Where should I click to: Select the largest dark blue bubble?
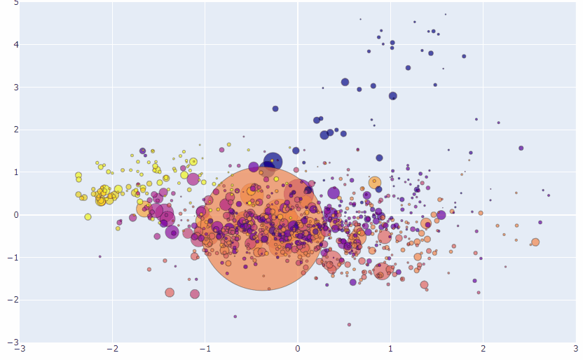(273, 161)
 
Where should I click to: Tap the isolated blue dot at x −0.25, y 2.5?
(275, 109)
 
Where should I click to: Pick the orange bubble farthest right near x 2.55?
(535, 242)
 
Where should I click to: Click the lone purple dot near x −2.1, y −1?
(100, 256)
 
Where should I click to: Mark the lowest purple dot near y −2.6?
(349, 324)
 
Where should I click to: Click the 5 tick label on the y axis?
(15, 3)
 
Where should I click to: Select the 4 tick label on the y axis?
(15, 45)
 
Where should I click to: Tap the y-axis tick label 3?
(15, 88)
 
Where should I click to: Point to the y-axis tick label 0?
(15, 215)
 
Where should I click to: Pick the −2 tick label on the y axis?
(13, 300)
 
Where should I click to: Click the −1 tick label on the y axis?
(13, 258)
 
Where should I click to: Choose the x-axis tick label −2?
(112, 349)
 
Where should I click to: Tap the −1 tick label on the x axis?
(205, 349)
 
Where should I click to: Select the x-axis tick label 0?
(298, 349)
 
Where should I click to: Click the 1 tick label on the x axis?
(390, 349)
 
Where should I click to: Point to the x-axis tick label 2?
(483, 349)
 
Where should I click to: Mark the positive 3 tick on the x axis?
(575, 349)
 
